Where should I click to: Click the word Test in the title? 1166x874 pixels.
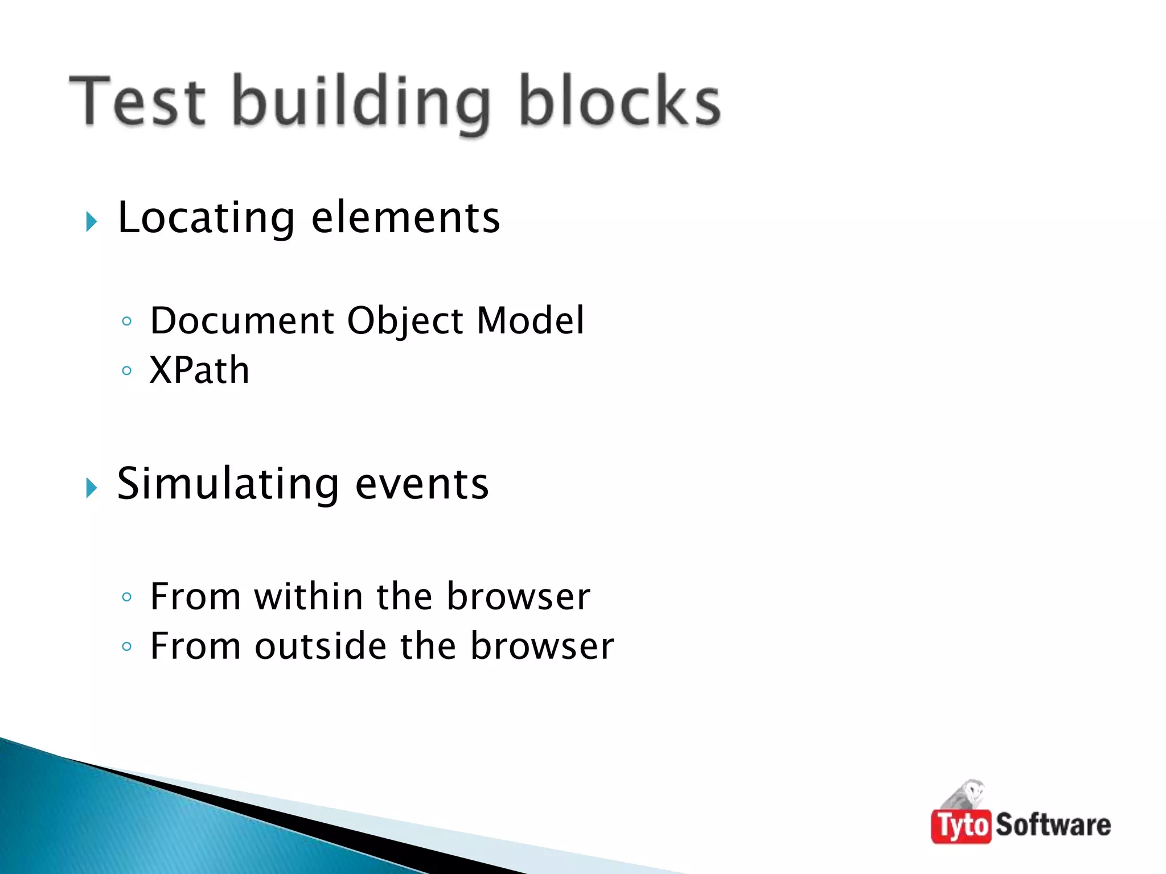(137, 101)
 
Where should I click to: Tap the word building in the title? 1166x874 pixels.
(361, 102)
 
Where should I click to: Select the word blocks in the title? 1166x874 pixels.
(619, 101)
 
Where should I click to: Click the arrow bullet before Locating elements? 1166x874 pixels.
(92, 221)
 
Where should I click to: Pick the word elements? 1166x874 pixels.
(405, 218)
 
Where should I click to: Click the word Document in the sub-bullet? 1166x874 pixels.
(242, 320)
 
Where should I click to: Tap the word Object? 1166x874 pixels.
(405, 321)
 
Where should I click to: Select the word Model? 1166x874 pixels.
(530, 320)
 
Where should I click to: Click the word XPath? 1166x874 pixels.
(199, 370)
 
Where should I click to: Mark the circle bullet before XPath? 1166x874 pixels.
(127, 371)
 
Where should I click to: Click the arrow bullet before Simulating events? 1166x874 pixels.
(92, 488)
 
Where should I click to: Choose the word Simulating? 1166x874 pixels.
(228, 484)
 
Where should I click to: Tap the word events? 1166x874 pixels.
(422, 484)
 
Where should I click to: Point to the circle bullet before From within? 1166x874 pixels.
(127, 597)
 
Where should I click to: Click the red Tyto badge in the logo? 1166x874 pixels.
(961, 826)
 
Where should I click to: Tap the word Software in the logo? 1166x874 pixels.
(1053, 824)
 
